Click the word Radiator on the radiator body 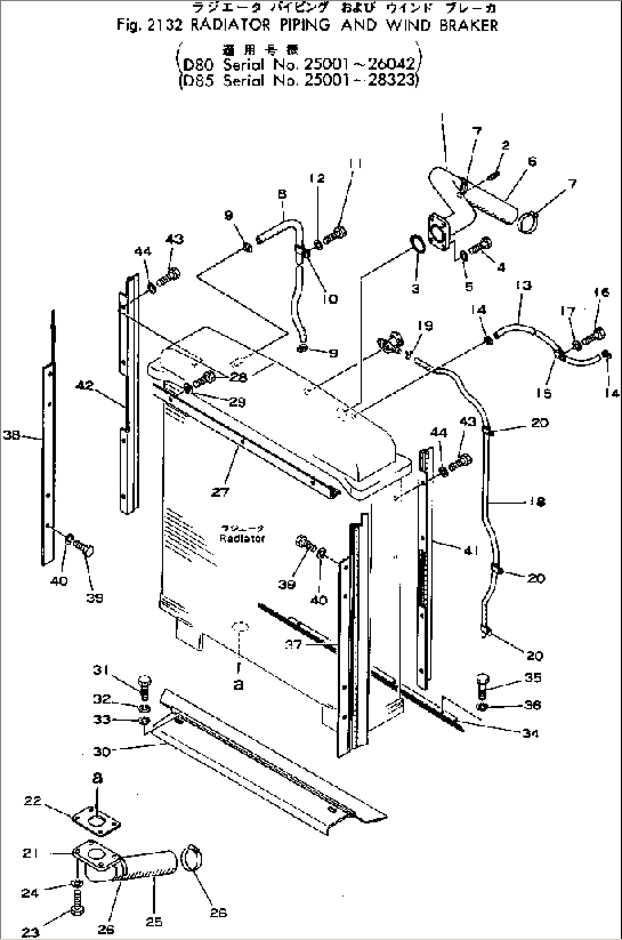(x=242, y=538)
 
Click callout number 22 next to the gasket (x=33, y=800)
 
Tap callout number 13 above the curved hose (x=523, y=284)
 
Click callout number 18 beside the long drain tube (x=537, y=501)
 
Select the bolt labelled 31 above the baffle (x=143, y=685)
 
